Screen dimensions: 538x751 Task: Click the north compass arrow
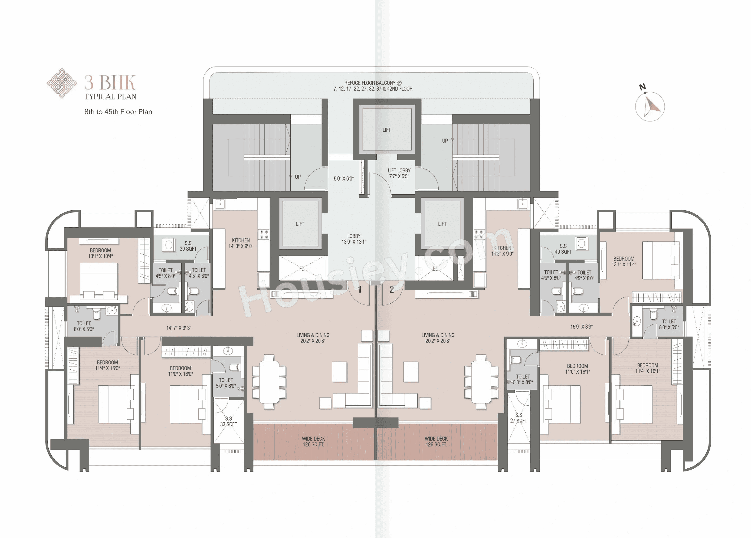pyautogui.click(x=651, y=107)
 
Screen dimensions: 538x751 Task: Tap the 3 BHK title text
pyautogui.click(x=110, y=83)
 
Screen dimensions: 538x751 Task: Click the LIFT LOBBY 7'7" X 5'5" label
pyautogui.click(x=399, y=173)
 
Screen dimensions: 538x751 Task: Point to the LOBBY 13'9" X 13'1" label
pyautogui.click(x=354, y=239)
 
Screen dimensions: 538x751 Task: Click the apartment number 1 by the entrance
pyautogui.click(x=360, y=290)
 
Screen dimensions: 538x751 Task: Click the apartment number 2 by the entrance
pyautogui.click(x=391, y=290)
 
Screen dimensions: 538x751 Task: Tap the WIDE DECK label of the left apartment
pyautogui.click(x=313, y=441)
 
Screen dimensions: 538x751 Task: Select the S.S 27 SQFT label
pyautogui.click(x=519, y=418)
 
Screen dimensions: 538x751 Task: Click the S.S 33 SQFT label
pyautogui.click(x=228, y=421)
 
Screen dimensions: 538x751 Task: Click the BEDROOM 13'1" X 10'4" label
pyautogui.click(x=100, y=253)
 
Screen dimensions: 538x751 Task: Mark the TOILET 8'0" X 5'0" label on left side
pyautogui.click(x=84, y=326)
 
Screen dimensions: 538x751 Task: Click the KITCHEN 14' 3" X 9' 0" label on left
pyautogui.click(x=241, y=243)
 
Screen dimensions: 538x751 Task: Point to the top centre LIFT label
pyautogui.click(x=386, y=130)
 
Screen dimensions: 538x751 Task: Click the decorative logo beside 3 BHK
pyautogui.click(x=62, y=83)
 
